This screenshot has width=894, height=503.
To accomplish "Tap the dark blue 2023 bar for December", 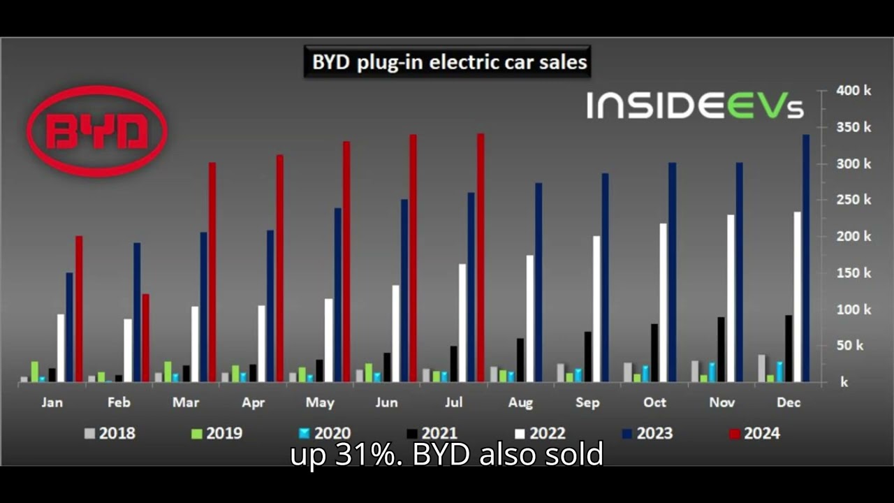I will point(806,258).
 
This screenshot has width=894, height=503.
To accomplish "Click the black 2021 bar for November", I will point(721,349).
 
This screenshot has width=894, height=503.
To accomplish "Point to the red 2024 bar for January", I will point(79,309).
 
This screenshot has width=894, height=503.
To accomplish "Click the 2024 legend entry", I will point(754,433).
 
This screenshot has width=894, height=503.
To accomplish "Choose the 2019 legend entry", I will point(216,433).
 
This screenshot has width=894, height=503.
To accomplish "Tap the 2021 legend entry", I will point(431,433).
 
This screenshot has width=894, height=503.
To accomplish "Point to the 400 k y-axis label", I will point(853,91).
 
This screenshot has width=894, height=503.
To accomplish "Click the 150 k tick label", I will point(853,273).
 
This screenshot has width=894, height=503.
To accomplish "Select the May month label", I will point(320,402).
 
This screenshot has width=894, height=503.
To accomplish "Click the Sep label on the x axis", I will point(587,402).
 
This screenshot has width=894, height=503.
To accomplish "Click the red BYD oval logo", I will point(97,131).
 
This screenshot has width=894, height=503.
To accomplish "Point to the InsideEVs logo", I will point(695,105).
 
